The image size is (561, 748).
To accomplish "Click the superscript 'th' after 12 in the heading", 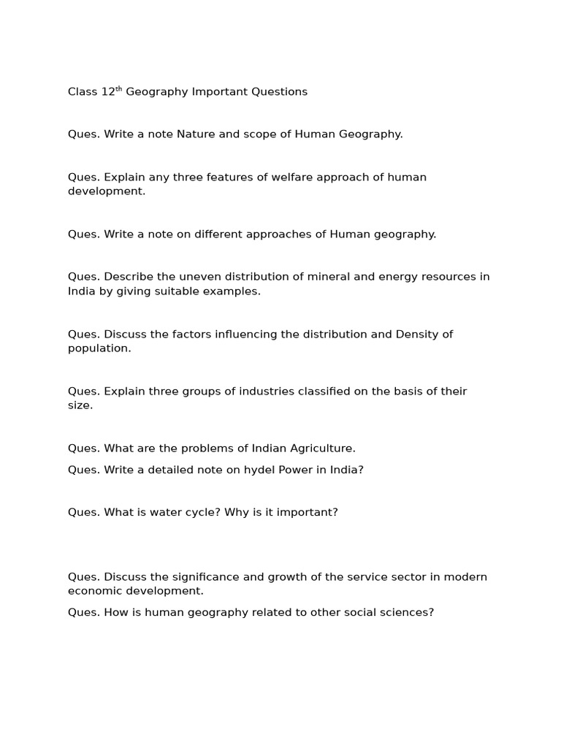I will coord(119,89).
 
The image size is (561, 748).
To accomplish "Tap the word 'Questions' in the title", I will coord(280,92).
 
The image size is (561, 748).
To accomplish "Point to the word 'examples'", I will coord(235,291).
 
